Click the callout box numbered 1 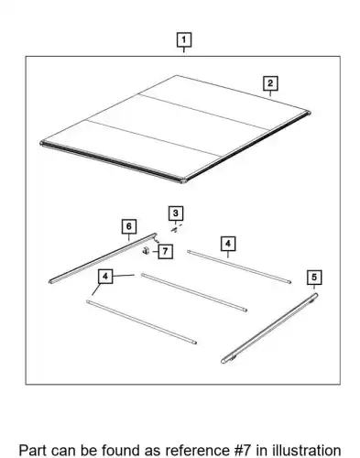(x=184, y=40)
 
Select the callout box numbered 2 (x=270, y=83)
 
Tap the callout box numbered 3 (x=176, y=213)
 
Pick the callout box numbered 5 (x=314, y=278)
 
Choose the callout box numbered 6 (x=129, y=226)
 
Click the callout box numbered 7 (x=165, y=251)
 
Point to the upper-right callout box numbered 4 (x=228, y=244)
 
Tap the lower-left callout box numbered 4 (x=105, y=277)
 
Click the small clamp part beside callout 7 (x=146, y=251)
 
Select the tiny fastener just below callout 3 (x=175, y=230)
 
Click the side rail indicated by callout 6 (x=103, y=258)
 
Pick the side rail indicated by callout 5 (x=269, y=329)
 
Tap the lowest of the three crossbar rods (x=141, y=322)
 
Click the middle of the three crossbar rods (x=194, y=292)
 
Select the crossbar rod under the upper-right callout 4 (x=239, y=267)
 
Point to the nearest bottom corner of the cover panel (x=183, y=180)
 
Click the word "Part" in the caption (x=33, y=451)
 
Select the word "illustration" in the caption (x=307, y=451)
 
